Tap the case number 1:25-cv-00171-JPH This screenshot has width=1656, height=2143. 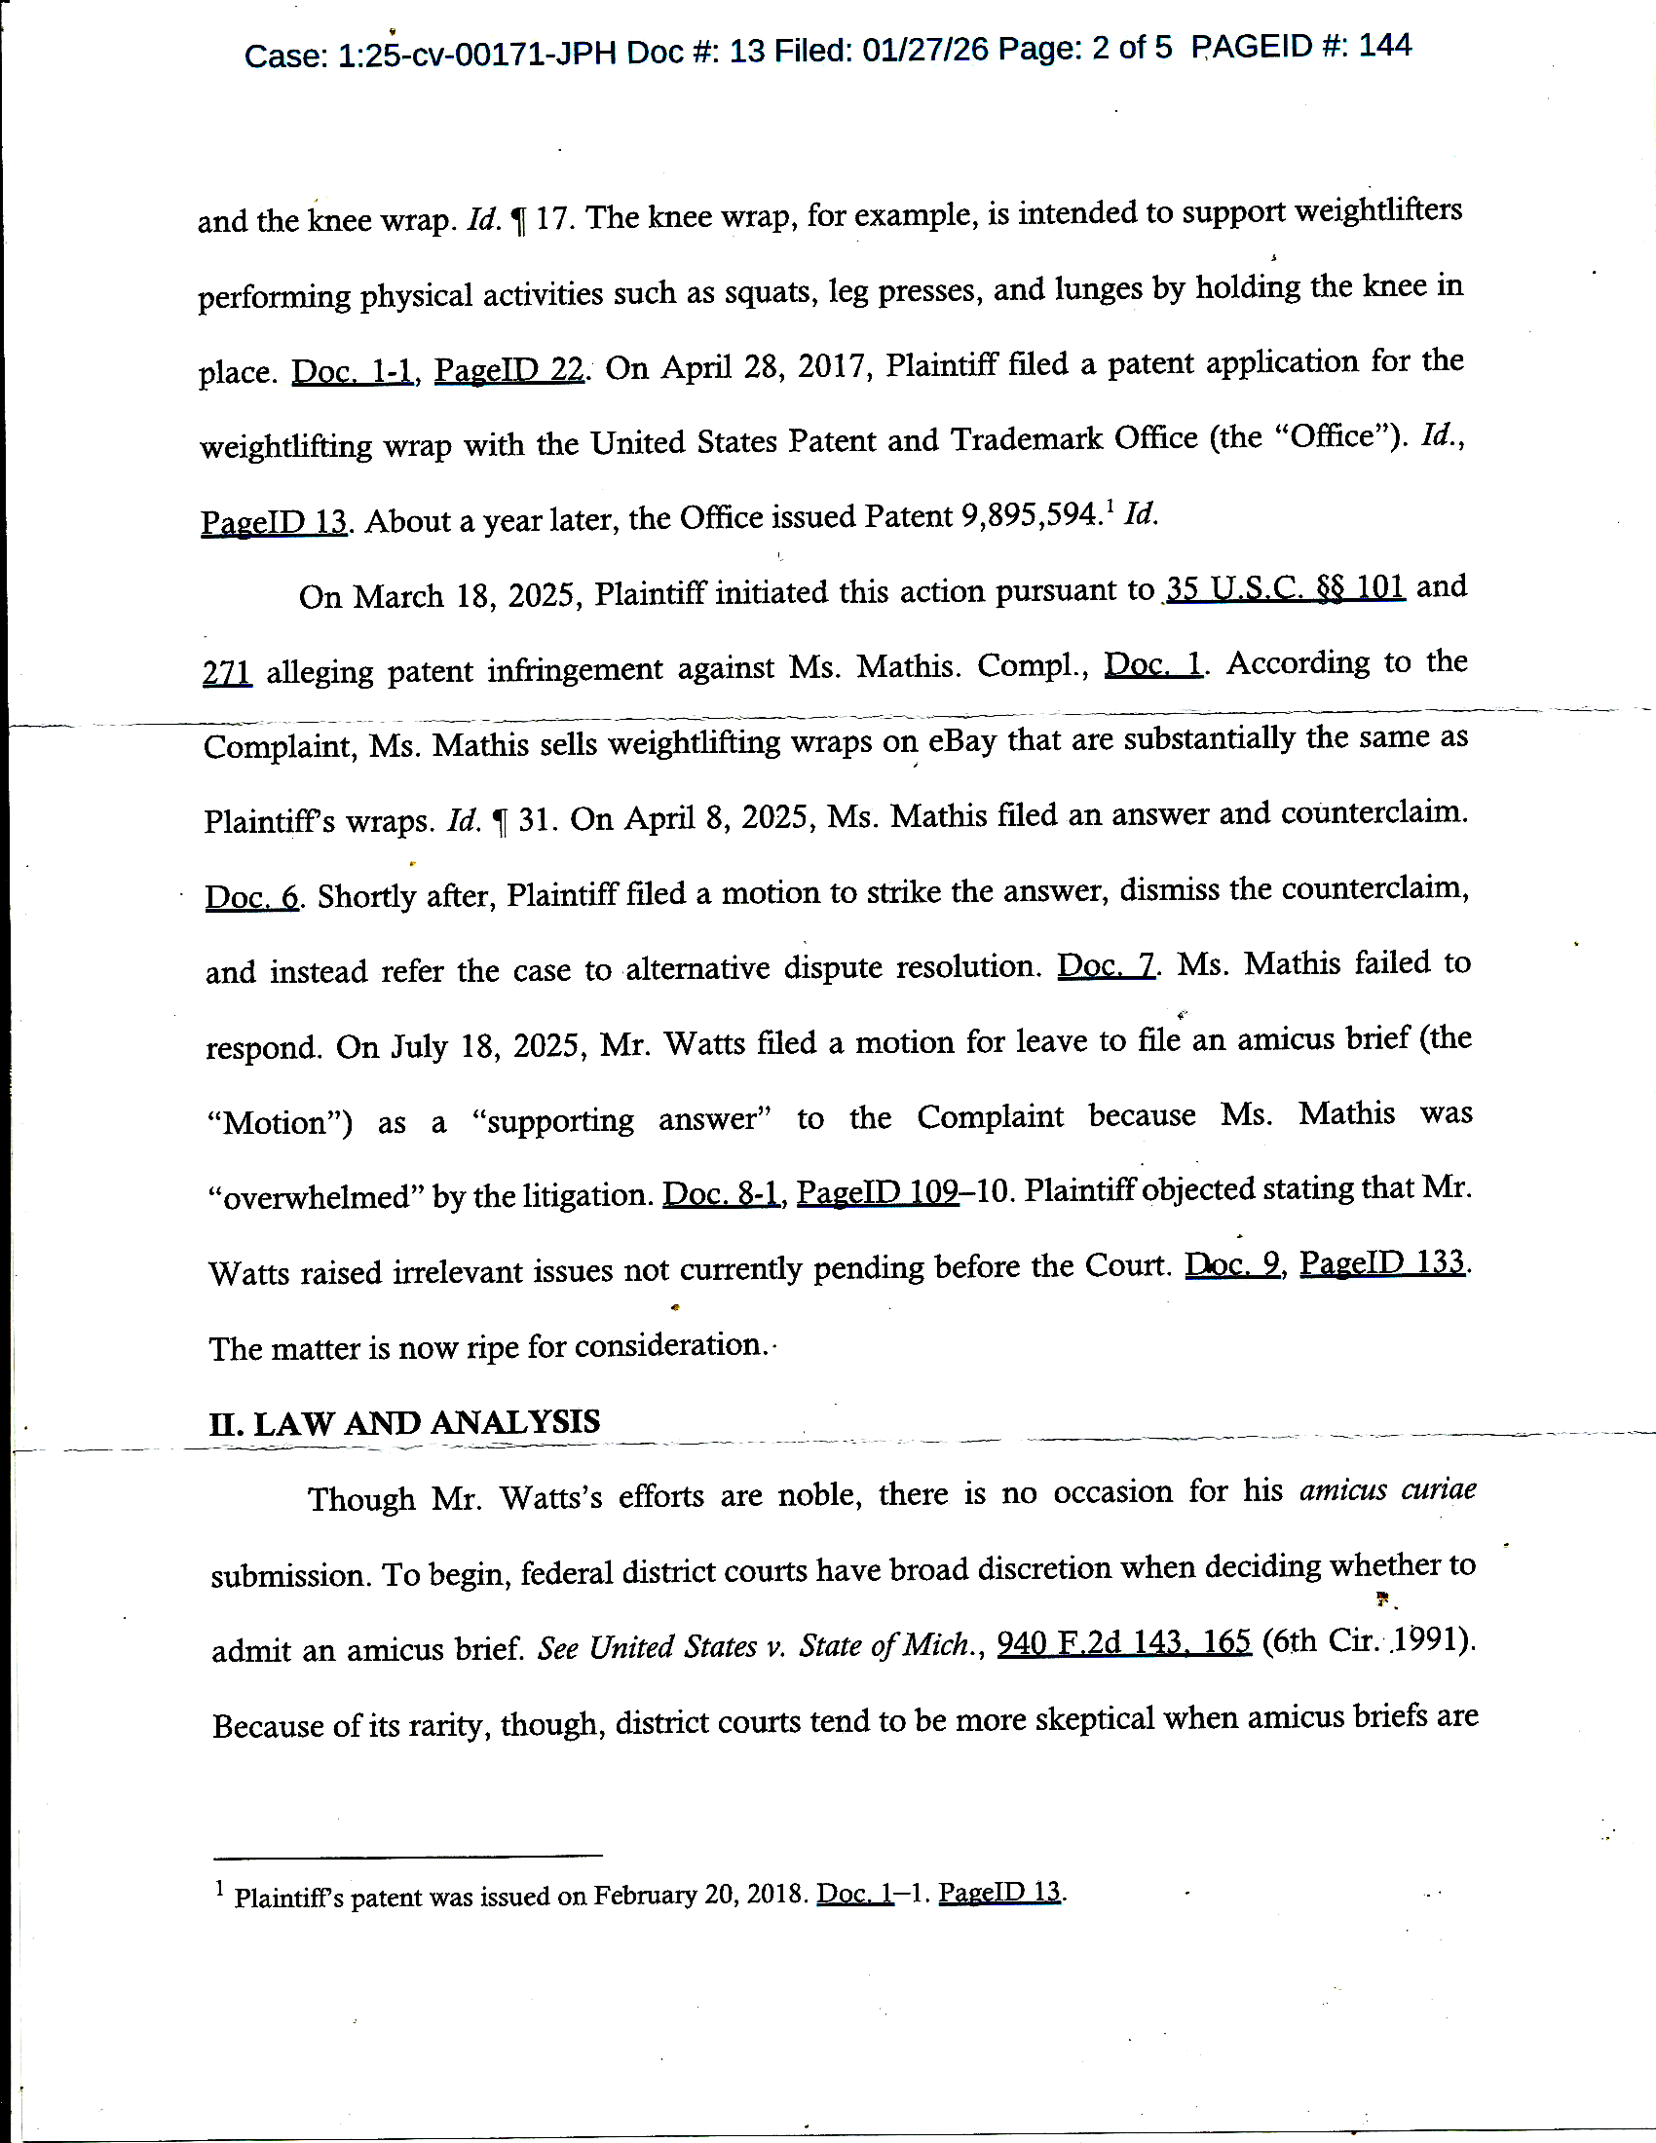tap(477, 53)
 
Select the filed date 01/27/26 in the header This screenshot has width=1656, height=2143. tap(925, 49)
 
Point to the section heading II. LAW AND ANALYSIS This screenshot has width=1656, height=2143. tap(404, 1422)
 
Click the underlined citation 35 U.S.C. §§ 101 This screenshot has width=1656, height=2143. tap(1286, 587)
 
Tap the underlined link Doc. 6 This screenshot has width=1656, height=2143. tap(252, 897)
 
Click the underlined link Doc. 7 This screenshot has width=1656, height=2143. tap(1107, 966)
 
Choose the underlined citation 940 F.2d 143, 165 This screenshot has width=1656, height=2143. tap(1123, 1642)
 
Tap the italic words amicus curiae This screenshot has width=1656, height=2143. tap(1387, 1491)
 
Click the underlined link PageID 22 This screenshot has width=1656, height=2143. tap(509, 370)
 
